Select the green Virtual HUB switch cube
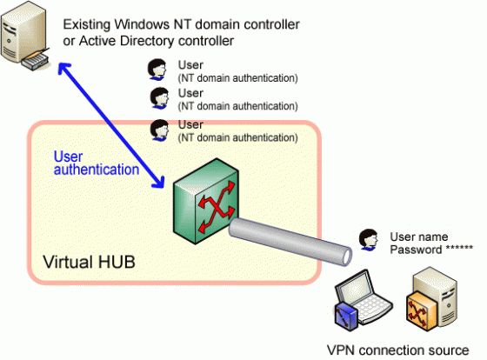click(x=206, y=201)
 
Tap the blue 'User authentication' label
click(x=97, y=163)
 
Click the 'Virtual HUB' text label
click(x=89, y=262)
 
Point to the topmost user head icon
click(x=157, y=70)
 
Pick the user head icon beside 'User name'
click(x=369, y=240)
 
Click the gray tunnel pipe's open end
click(x=347, y=256)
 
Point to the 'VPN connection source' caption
click(x=398, y=350)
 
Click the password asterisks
click(x=459, y=248)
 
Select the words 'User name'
click(x=419, y=237)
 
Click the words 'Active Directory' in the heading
click(x=126, y=41)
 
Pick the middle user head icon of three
click(x=159, y=98)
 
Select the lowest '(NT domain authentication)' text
click(x=238, y=137)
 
